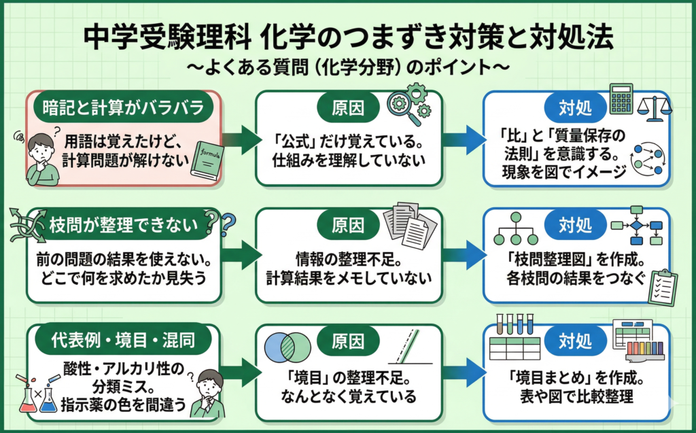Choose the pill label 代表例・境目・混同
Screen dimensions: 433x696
122,338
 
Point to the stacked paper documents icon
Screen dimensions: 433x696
407,224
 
